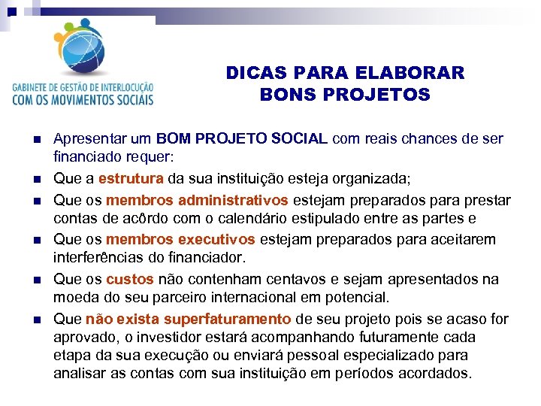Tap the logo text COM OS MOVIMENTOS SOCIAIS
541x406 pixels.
[83, 98]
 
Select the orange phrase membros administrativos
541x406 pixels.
[198, 201]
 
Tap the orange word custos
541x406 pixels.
[130, 279]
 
